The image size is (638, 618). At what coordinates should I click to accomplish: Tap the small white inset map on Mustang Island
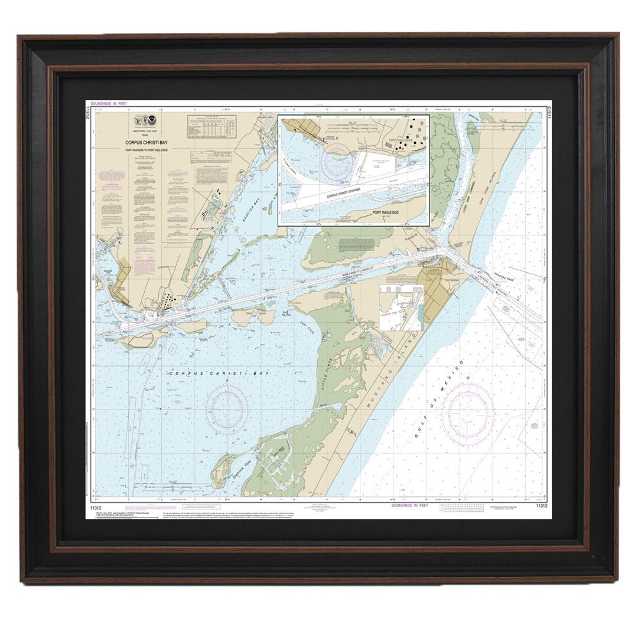tap(401, 308)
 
